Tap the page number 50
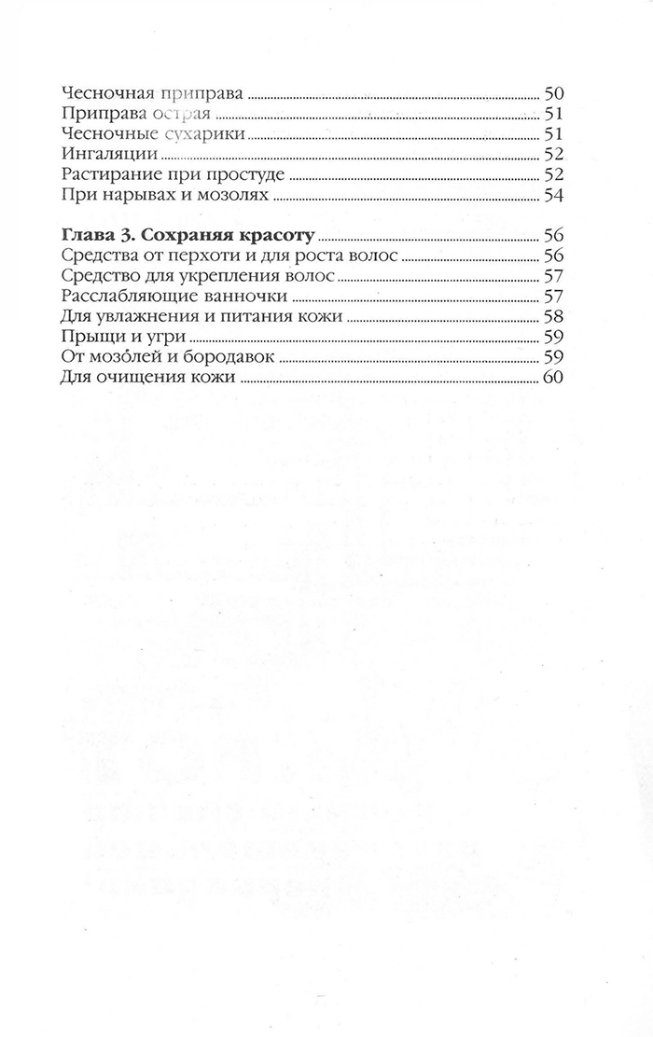pyautogui.click(x=555, y=94)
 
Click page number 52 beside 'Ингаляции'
pyautogui.click(x=555, y=156)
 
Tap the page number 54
pyautogui.click(x=555, y=196)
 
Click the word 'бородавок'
pyautogui.click(x=229, y=358)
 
